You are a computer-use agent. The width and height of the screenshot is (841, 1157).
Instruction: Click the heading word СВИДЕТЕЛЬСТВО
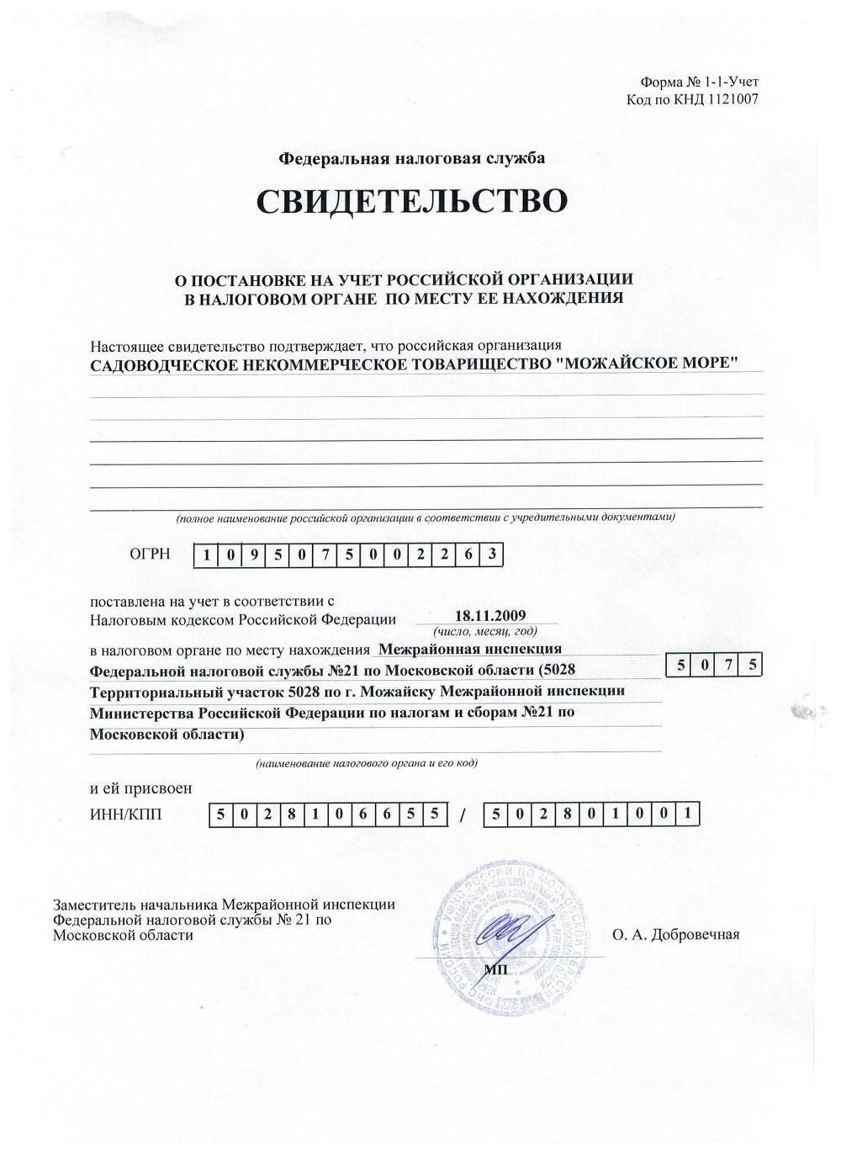point(411,202)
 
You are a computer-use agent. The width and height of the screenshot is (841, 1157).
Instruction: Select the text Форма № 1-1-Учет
point(699,82)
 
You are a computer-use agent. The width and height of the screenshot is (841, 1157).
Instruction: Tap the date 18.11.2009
point(489,616)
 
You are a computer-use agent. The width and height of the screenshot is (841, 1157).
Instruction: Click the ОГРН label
point(150,554)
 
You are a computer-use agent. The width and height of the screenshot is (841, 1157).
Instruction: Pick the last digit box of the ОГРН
point(492,555)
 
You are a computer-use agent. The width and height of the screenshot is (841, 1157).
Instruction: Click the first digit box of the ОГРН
point(206,555)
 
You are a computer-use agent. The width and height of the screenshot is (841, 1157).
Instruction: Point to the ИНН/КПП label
point(125,814)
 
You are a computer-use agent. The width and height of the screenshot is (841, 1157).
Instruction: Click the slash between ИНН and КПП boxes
point(463,815)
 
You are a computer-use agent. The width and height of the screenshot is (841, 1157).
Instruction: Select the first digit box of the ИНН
point(220,815)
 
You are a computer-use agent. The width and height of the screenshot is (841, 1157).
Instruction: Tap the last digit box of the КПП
point(688,814)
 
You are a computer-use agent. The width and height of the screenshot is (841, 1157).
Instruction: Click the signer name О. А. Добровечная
point(675,934)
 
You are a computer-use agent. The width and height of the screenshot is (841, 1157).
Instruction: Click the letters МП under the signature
point(496,969)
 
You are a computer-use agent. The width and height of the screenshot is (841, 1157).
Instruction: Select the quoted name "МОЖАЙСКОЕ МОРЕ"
point(649,364)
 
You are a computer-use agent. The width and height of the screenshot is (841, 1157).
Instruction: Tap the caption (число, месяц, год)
point(484,631)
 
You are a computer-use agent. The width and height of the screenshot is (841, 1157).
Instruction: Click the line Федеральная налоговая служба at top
point(411,158)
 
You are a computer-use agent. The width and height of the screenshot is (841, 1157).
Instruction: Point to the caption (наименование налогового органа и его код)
point(367,763)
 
